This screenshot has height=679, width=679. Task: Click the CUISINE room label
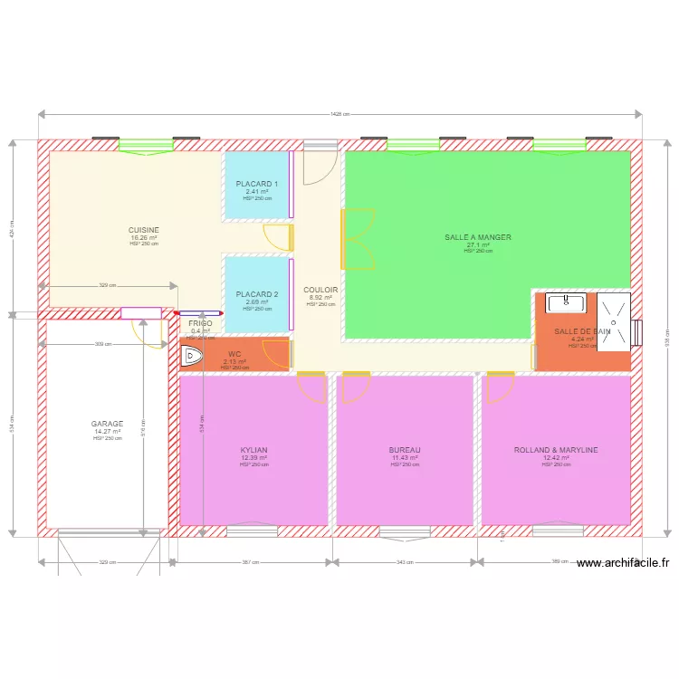pyautogui.click(x=143, y=230)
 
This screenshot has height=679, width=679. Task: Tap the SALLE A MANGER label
pyautogui.click(x=478, y=237)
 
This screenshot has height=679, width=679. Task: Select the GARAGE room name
pyautogui.click(x=107, y=424)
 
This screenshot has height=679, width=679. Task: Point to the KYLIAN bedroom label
pyautogui.click(x=253, y=450)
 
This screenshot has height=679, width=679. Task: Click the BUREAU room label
pyautogui.click(x=405, y=450)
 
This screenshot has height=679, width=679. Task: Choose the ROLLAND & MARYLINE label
pyautogui.click(x=556, y=450)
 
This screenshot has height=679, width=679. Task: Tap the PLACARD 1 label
pyautogui.click(x=257, y=184)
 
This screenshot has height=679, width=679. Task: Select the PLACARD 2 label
pyautogui.click(x=257, y=294)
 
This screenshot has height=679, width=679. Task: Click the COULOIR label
pyautogui.click(x=320, y=290)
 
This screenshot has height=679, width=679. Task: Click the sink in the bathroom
pyautogui.click(x=566, y=302)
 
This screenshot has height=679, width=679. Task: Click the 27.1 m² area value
pyautogui.click(x=478, y=244)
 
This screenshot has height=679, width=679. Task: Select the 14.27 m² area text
pyautogui.click(x=107, y=431)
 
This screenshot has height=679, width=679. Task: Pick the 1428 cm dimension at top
pyautogui.click(x=339, y=115)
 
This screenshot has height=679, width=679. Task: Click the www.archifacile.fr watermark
pyautogui.click(x=622, y=562)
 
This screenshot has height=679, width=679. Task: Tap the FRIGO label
pyautogui.click(x=200, y=323)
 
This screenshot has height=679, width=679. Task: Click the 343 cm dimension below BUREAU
pyautogui.click(x=405, y=562)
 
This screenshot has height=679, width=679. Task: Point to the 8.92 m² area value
pyautogui.click(x=320, y=297)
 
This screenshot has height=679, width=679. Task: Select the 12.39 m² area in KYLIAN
pyautogui.click(x=253, y=458)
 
